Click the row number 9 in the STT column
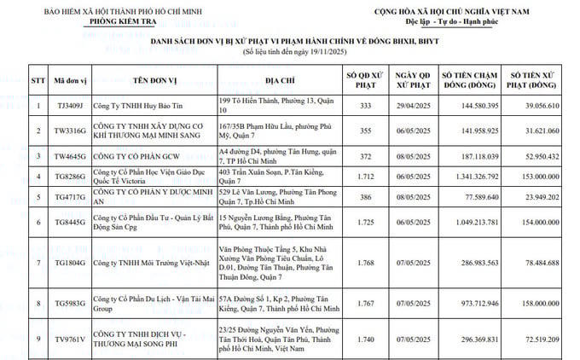pos(38,339)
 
